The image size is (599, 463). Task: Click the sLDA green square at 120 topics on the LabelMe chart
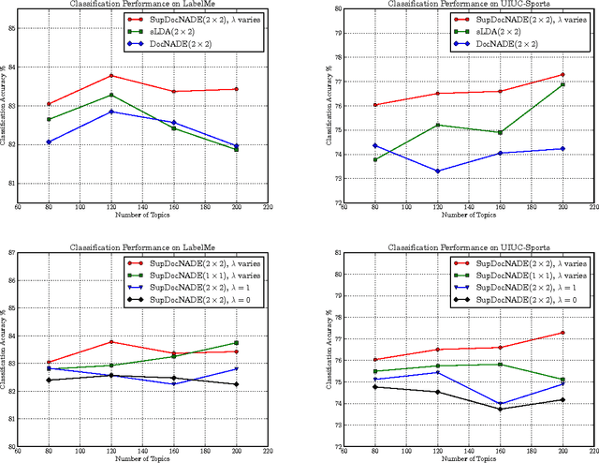tap(111, 95)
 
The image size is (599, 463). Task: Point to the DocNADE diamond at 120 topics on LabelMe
tap(111, 112)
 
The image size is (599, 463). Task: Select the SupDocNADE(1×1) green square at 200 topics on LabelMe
tap(235, 343)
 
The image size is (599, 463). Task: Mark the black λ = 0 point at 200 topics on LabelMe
tap(235, 384)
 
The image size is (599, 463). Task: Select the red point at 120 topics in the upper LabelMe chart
tap(111, 75)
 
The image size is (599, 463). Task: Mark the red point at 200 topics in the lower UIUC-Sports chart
tap(562, 332)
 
